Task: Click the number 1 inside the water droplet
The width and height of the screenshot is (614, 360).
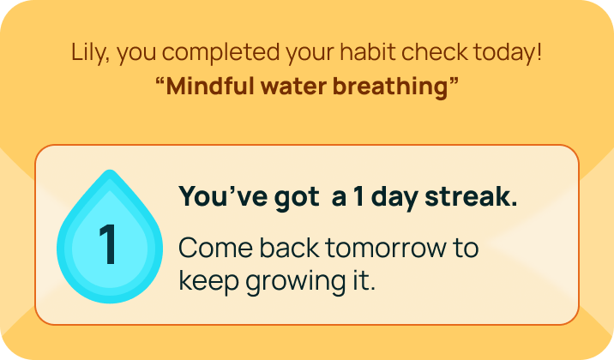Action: (108, 245)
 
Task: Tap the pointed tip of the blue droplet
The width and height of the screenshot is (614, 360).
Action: (109, 173)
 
